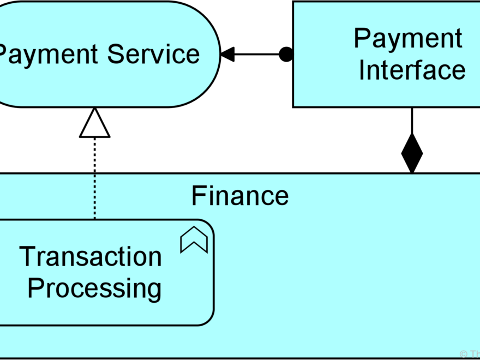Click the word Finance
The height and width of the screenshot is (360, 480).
tap(240, 196)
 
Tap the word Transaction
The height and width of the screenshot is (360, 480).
tap(91, 256)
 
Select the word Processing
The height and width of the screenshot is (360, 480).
tap(94, 288)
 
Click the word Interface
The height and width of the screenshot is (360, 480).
tap(412, 70)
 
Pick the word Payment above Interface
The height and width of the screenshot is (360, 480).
tap(408, 39)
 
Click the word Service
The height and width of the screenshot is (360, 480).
tap(154, 55)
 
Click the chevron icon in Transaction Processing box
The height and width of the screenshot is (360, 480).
tap(194, 240)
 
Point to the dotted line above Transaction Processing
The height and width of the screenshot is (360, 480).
tap(94, 180)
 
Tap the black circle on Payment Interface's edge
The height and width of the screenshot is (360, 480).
tap(285, 55)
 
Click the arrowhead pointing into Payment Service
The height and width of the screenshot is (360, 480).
tap(227, 55)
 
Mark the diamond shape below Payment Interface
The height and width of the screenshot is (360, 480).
tap(412, 153)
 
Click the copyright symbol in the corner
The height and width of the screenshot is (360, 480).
tap(464, 354)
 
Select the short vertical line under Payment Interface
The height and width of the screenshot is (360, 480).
tap(412, 120)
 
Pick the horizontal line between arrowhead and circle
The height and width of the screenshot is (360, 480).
tap(256, 55)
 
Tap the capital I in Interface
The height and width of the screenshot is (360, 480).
tap(362, 70)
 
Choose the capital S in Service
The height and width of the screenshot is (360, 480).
tap(116, 55)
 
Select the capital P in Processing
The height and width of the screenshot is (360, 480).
tap(34, 287)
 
